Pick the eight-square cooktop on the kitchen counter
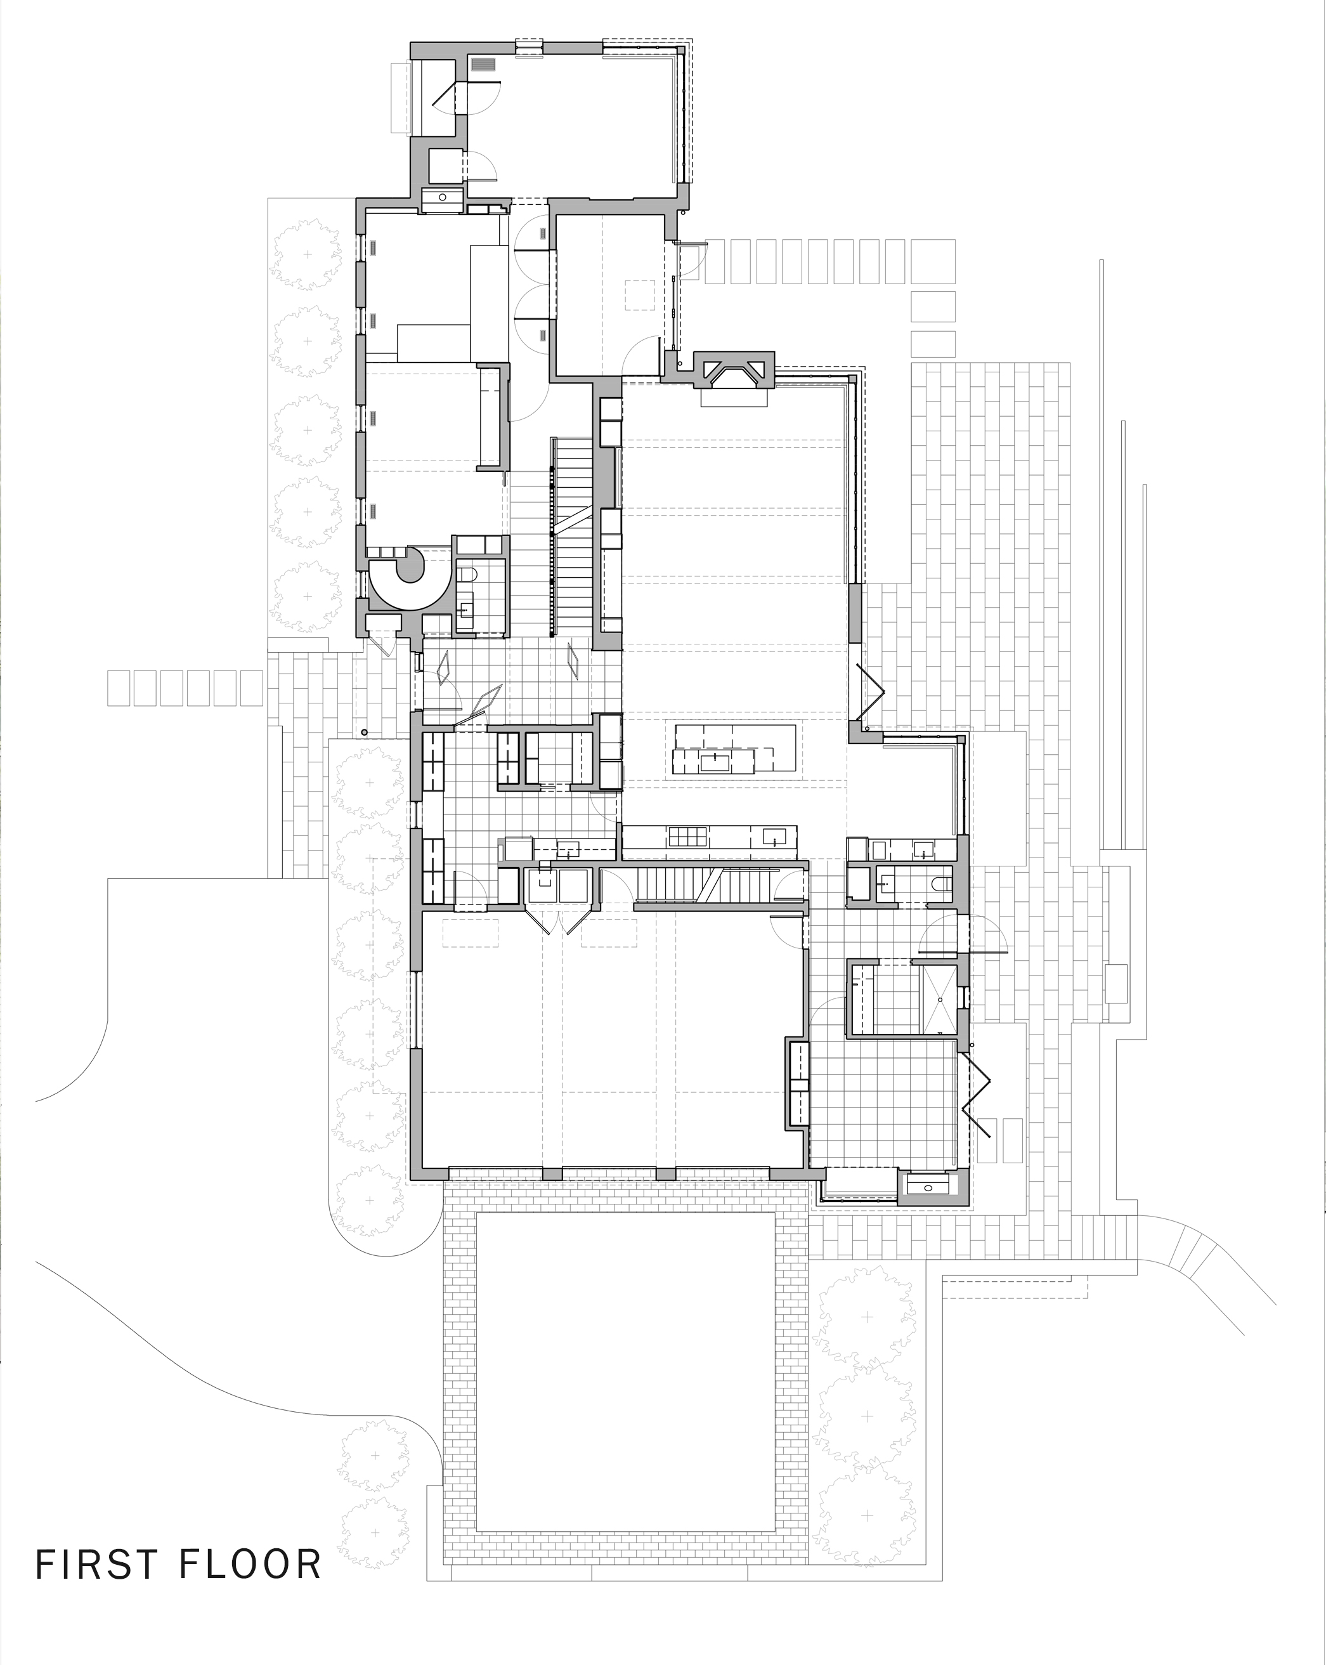pyautogui.click(x=687, y=839)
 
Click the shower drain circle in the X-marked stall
pyautogui.click(x=940, y=998)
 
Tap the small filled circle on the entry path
pyautogui.click(x=365, y=731)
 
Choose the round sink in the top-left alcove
pyautogui.click(x=443, y=197)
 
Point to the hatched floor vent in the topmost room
pyautogui.click(x=484, y=65)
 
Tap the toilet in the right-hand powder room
pyautogui.click(x=939, y=883)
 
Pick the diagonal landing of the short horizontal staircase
pyautogui.click(x=713, y=884)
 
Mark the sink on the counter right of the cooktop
pyautogui.click(x=774, y=837)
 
